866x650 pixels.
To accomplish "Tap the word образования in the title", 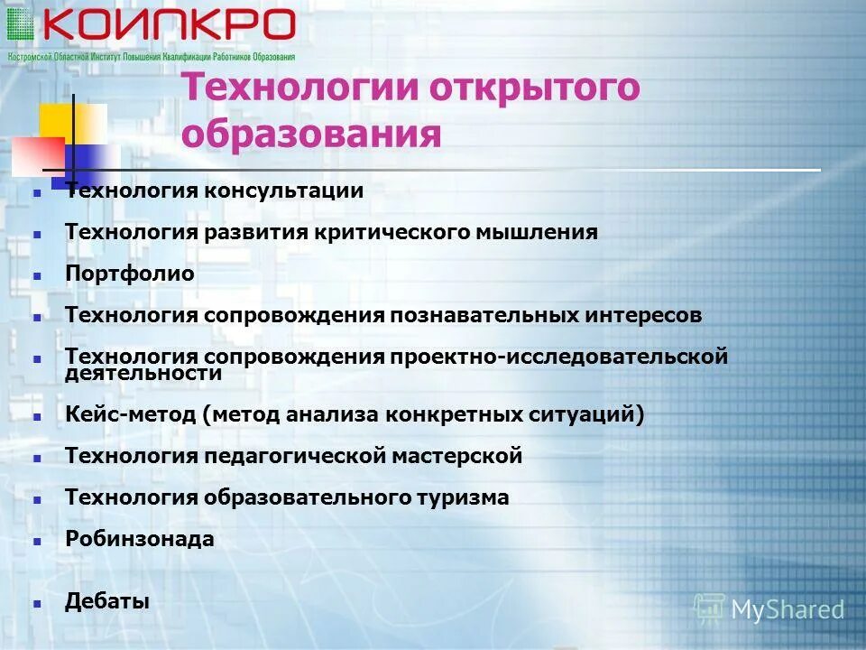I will coord(311,135).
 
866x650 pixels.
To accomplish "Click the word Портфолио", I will coord(130,274).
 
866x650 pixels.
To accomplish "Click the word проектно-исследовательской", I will coord(559,357).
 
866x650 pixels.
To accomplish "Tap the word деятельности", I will coord(143,374).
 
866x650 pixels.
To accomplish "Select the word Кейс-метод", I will coord(130,415).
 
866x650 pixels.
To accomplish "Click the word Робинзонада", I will coord(140,540).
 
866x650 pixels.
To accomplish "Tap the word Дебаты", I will coord(107,601).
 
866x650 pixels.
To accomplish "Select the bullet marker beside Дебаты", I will coord(37,603).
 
